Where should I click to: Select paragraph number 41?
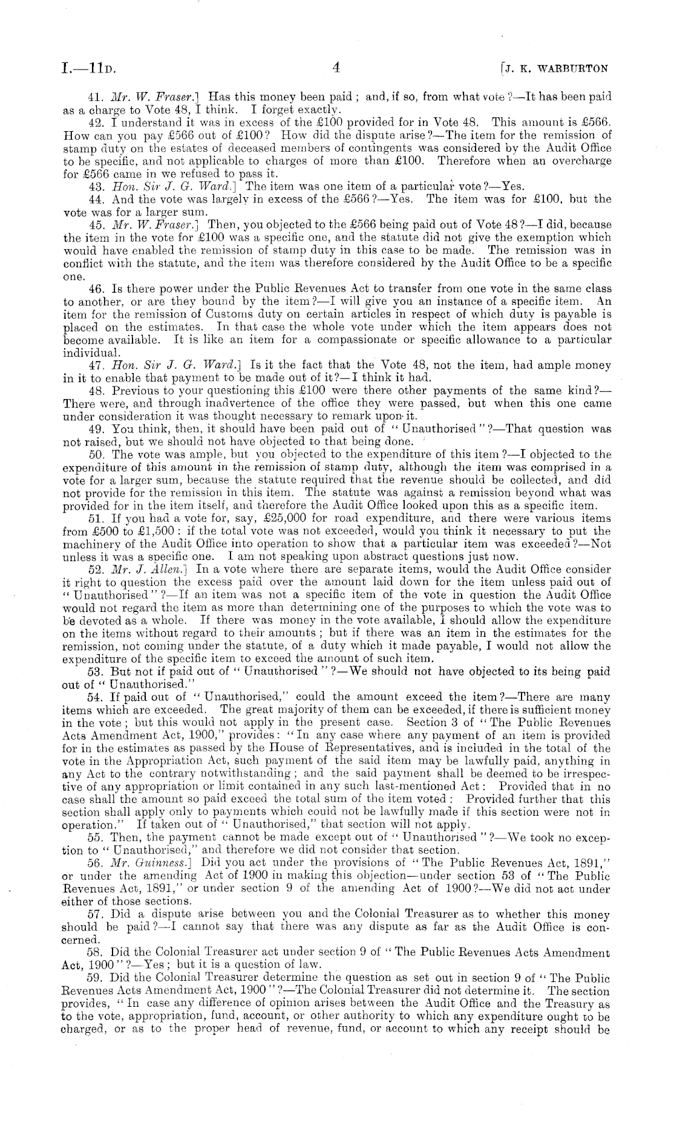[x=94, y=96]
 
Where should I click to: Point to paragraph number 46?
[x=94, y=290]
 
